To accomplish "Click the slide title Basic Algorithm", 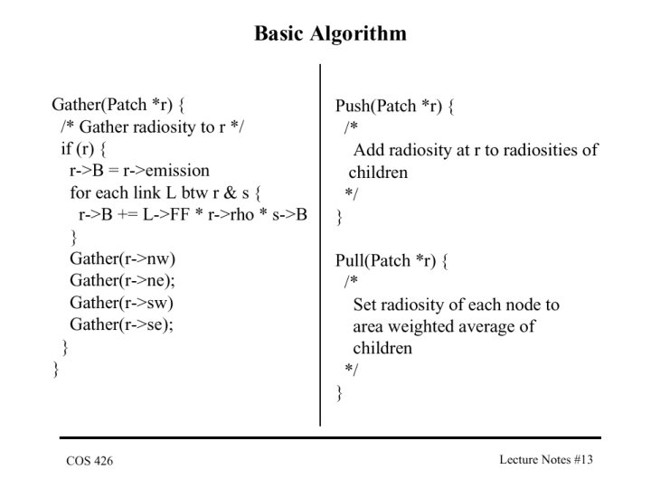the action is [331, 34].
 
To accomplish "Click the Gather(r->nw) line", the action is [122, 258].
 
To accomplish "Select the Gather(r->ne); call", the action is [122, 280].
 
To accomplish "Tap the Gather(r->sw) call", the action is [121, 303].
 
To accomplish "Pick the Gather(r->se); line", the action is [121, 324].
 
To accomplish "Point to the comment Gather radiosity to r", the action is [153, 127].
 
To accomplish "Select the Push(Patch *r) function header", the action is [395, 107].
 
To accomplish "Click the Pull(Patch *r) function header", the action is [392, 261].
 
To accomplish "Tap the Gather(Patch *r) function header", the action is [118, 105].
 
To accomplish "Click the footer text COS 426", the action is [90, 461].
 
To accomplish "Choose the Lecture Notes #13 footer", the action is [546, 459].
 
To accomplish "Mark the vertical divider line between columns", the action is [320, 245].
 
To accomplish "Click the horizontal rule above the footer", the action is [330, 437].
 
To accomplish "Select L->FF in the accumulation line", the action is [166, 214].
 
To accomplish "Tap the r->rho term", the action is [231, 214].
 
